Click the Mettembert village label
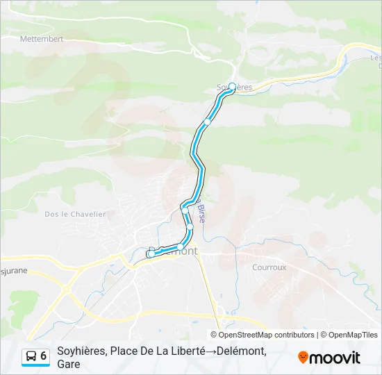[x=42, y=39]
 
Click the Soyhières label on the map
[x=234, y=87]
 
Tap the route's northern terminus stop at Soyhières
[x=232, y=87]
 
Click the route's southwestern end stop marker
[x=150, y=254]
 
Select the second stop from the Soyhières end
[x=207, y=122]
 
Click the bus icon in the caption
[x=31, y=356]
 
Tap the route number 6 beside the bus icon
[x=44, y=356]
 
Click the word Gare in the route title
[x=69, y=364]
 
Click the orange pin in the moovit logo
[x=303, y=357]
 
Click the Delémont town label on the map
[x=174, y=251]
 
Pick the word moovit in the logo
[x=335, y=358]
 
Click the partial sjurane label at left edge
[x=14, y=270]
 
